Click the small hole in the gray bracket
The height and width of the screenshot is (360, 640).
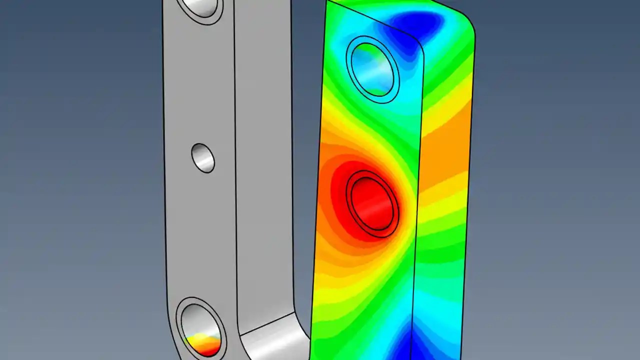pos(203,158)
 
